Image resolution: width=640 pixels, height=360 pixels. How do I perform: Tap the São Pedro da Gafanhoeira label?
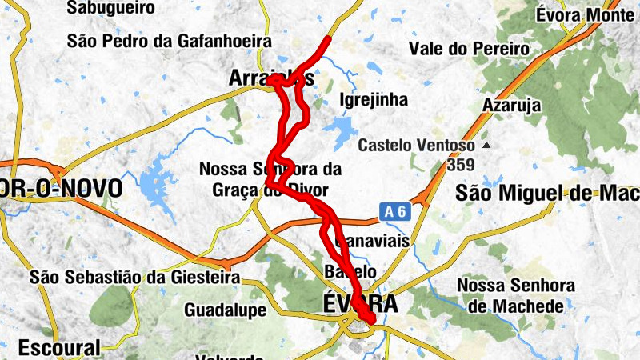coord(170,41)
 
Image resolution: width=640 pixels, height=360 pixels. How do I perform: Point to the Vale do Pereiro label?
coord(469,49)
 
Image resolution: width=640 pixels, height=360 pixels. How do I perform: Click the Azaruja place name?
coord(512,105)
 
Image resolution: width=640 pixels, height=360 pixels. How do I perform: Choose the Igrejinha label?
coord(374,100)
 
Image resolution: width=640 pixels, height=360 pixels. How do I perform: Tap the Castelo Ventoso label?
coord(416,146)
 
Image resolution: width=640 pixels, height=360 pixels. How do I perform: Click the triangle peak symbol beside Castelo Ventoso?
coord(485,146)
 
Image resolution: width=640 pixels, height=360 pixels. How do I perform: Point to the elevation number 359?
coord(462,165)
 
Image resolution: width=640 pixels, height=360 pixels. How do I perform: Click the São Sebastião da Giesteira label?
coord(135,278)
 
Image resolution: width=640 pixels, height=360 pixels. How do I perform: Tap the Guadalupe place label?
coord(223,309)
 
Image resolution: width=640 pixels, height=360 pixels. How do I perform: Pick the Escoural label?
coord(60,348)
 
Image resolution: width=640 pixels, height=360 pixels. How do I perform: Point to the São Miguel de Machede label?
coord(547,193)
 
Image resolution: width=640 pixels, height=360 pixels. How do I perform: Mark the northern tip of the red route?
coord(328,38)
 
